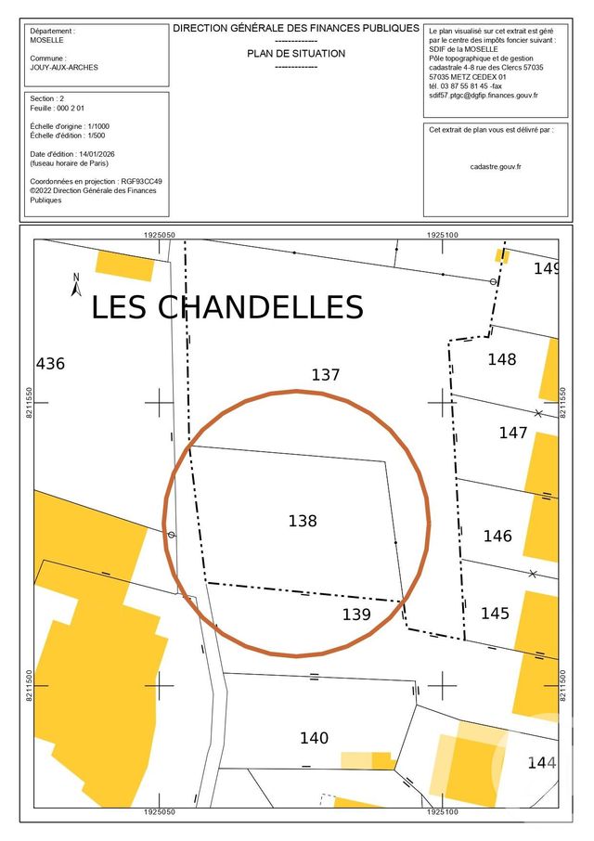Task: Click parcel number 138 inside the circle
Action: [x=303, y=522]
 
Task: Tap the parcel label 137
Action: [x=326, y=376]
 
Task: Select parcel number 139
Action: [x=356, y=615]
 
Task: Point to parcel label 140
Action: [x=314, y=739]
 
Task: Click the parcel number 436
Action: [x=50, y=364]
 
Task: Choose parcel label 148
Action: [x=501, y=359]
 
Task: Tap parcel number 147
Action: [x=512, y=433]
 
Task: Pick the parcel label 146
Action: [x=497, y=537]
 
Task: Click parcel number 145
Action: [x=495, y=614]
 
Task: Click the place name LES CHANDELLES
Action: [x=226, y=307]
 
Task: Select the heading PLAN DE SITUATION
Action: [x=296, y=54]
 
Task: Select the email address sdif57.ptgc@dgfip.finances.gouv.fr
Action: [x=484, y=96]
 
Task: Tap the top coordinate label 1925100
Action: [x=443, y=236]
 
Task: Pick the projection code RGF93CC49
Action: [x=142, y=182]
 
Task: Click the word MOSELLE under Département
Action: [x=47, y=41]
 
